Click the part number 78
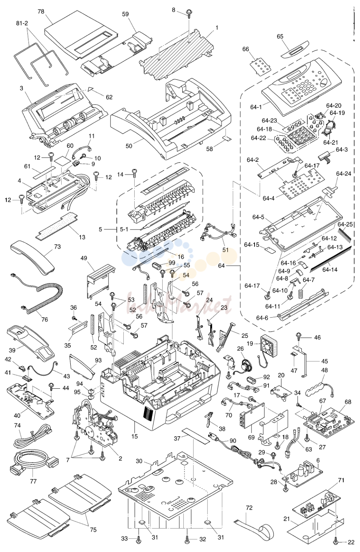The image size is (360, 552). [41, 12]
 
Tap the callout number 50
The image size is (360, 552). [129, 146]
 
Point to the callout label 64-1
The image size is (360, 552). [256, 107]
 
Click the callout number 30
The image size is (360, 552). [139, 461]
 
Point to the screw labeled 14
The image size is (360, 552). [135, 173]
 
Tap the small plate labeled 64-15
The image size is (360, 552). [270, 250]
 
